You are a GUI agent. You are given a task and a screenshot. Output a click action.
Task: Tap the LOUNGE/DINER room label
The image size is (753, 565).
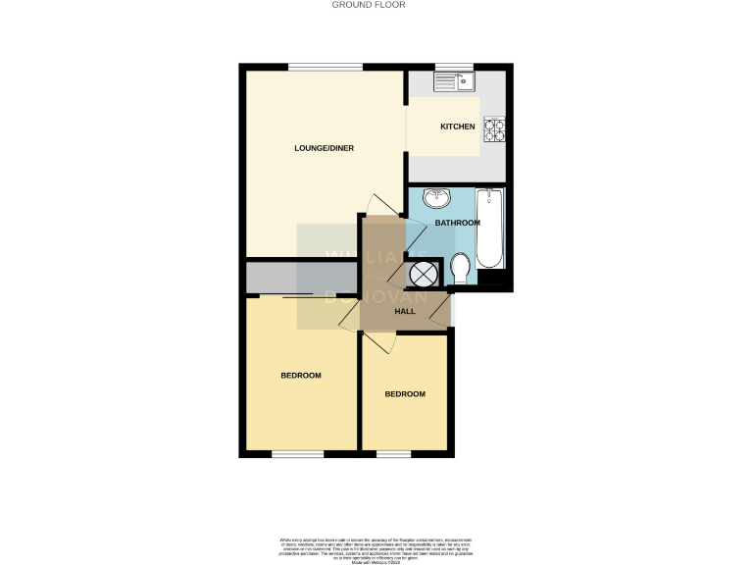324,149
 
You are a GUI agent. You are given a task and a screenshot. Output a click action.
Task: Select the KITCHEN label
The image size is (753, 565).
457,127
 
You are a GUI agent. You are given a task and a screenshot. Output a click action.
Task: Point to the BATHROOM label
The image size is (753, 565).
458,223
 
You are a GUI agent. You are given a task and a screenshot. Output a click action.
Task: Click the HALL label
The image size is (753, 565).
404,312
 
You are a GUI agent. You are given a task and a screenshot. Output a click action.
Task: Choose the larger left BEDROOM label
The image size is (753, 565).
301,376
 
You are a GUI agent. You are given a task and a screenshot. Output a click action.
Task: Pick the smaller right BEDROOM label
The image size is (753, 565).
404,394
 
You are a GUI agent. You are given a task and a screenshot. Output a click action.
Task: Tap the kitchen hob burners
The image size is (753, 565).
493,127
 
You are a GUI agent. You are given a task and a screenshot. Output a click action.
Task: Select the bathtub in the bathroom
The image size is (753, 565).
489,231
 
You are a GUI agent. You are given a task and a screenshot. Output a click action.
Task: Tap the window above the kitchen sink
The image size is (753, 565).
448,67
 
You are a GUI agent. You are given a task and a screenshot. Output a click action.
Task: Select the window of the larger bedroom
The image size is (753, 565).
297,454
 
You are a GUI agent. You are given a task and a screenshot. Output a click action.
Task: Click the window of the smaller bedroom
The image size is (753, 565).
394,454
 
